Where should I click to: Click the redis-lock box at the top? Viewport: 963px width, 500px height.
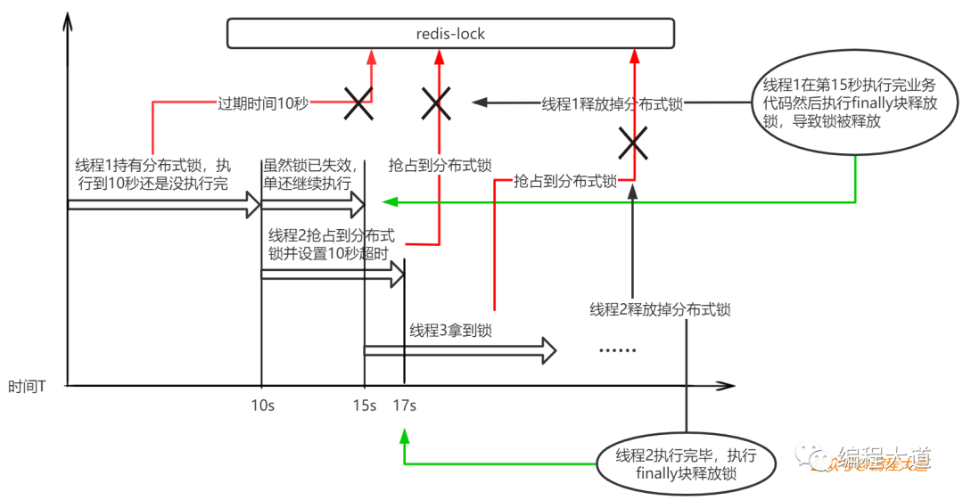tap(450, 34)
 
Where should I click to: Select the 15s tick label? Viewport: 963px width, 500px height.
tap(364, 406)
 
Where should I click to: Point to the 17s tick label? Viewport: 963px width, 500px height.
tap(404, 406)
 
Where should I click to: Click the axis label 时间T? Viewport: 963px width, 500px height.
tap(28, 387)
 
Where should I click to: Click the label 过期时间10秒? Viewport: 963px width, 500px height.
tap(263, 103)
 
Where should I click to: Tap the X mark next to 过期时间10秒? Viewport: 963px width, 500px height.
tap(358, 104)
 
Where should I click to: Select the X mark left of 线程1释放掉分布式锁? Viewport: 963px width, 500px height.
tap(436, 104)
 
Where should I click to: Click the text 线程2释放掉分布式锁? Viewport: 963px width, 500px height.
tap(660, 309)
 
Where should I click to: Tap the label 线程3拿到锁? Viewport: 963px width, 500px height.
tap(451, 331)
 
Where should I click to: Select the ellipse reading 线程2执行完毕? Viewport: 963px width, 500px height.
tap(686, 463)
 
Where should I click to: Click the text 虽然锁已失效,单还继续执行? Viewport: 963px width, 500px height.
tap(311, 174)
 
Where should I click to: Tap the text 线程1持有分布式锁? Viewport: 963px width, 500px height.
tap(152, 174)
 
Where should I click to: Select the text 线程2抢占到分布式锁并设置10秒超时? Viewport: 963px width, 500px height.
tap(332, 244)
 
